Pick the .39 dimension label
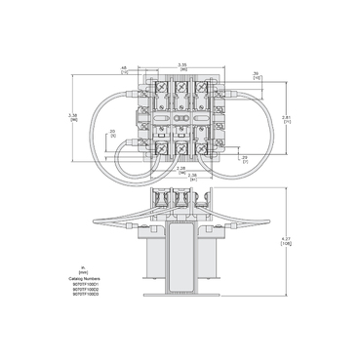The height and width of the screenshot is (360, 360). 227,73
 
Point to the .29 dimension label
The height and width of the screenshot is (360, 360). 244,156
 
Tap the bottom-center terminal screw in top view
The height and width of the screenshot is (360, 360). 180,147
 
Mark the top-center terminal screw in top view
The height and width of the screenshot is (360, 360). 180,87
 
